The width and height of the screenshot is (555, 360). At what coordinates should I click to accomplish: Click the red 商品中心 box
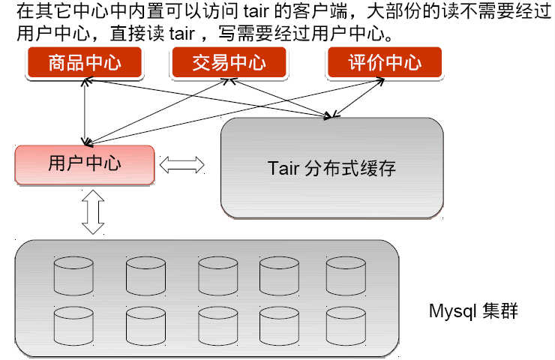[84, 63]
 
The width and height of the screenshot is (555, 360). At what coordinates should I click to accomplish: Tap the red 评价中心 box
[385, 63]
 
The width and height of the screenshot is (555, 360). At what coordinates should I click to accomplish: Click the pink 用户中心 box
[84, 164]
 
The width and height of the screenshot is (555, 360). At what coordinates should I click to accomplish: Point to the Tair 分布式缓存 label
[331, 167]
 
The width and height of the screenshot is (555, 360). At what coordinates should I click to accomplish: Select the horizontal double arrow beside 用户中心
[182, 164]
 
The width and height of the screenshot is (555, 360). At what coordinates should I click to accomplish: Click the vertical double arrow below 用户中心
[93, 211]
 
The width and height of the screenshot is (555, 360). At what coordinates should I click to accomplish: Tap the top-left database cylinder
[73, 275]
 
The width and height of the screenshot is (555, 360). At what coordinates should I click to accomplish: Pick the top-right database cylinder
[346, 275]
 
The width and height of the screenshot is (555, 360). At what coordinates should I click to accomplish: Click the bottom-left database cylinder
[73, 325]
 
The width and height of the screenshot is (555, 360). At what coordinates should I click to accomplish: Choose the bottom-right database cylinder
[346, 325]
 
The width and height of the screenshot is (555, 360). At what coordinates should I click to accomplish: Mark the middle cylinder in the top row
[218, 275]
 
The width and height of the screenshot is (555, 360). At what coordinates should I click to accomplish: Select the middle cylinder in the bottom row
[218, 325]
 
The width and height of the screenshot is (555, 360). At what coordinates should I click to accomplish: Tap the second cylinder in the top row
[145, 275]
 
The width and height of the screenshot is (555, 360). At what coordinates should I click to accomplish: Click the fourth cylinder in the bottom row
[280, 325]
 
